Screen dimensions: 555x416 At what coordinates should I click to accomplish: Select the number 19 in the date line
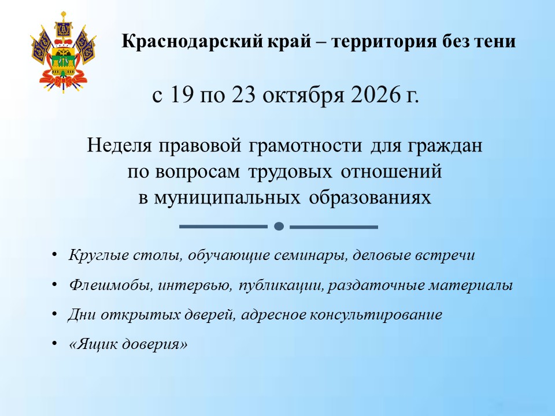point(182,95)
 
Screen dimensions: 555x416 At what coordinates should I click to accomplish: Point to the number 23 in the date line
point(243,95)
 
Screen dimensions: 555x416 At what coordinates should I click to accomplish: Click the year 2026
point(375,95)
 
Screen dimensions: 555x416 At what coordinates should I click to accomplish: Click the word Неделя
point(119,146)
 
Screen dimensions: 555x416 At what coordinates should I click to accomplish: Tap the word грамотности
point(305,146)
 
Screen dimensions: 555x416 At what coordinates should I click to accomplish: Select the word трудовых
point(290,172)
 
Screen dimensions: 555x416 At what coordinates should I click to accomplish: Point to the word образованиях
point(370,198)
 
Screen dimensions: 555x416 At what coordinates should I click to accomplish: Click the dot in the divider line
point(279,226)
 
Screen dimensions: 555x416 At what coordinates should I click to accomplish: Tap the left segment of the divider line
point(223,226)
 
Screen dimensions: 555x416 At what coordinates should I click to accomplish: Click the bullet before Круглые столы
point(54,254)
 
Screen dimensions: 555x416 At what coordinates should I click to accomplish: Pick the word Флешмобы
point(111,285)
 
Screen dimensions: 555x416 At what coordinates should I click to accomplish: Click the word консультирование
point(376,314)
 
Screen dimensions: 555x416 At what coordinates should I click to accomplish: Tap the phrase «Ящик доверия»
point(128,344)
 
